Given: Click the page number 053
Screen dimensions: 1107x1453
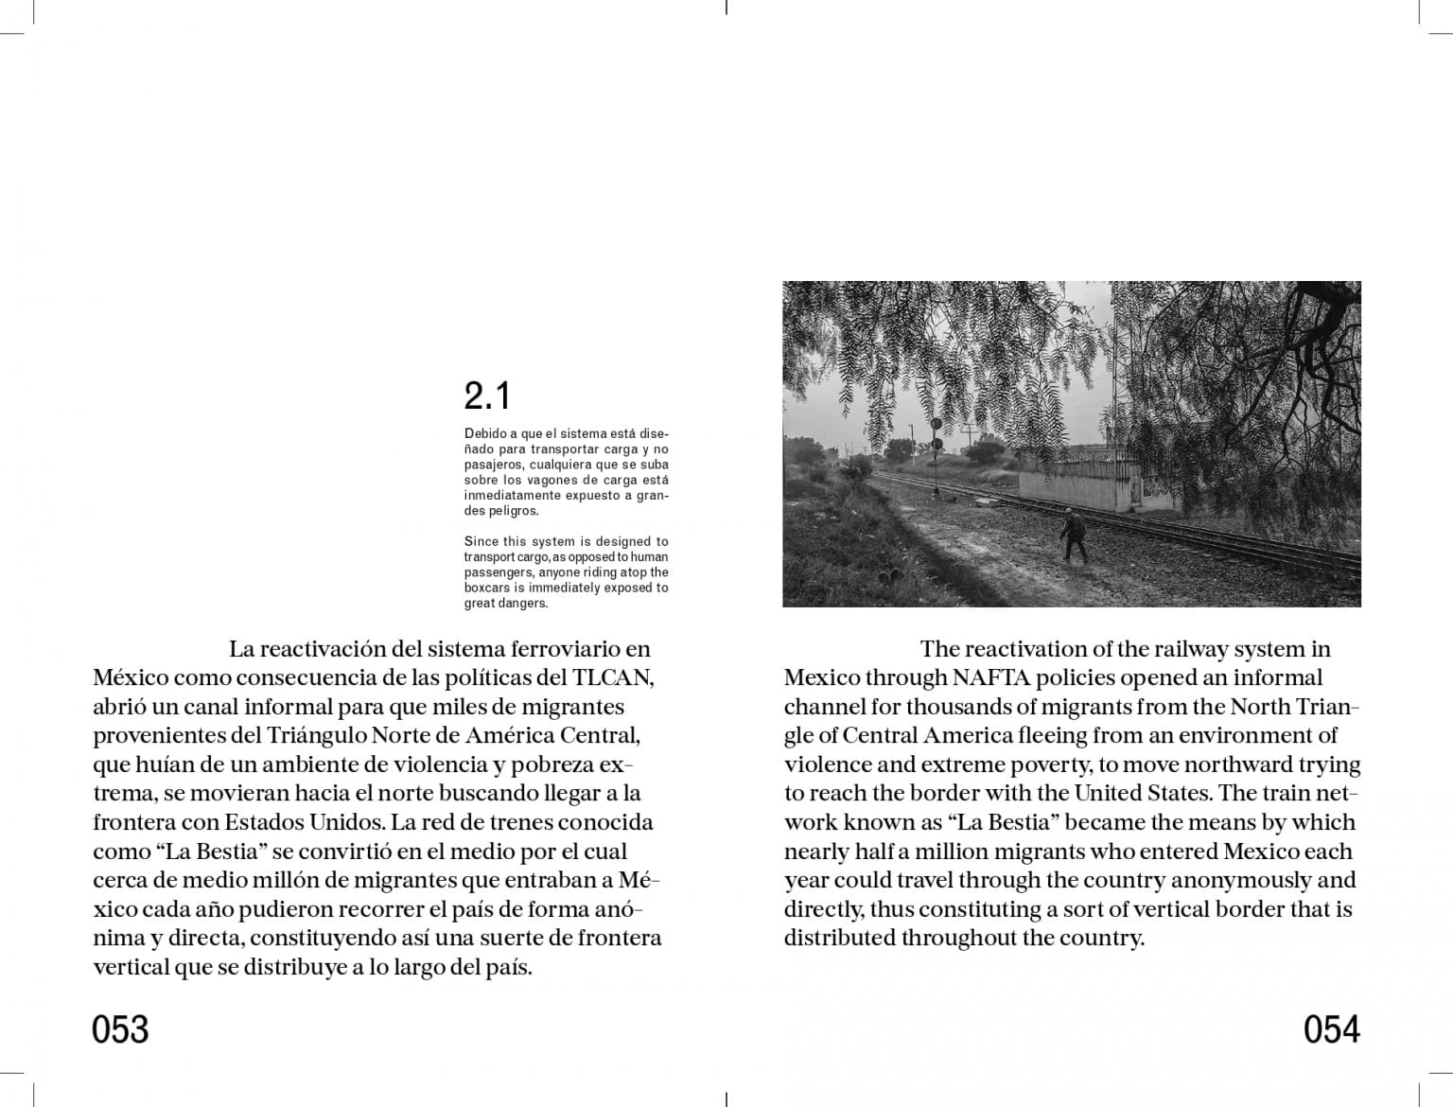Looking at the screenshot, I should (120, 1028).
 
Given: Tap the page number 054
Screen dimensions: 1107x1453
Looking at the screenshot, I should (1331, 1028).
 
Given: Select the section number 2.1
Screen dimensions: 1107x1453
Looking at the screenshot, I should (487, 395).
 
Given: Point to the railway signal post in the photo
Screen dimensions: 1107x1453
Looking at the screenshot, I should (937, 454).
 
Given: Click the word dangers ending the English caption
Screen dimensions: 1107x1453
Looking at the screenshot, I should (525, 603).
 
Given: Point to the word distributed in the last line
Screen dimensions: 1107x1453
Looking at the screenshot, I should (839, 938).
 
